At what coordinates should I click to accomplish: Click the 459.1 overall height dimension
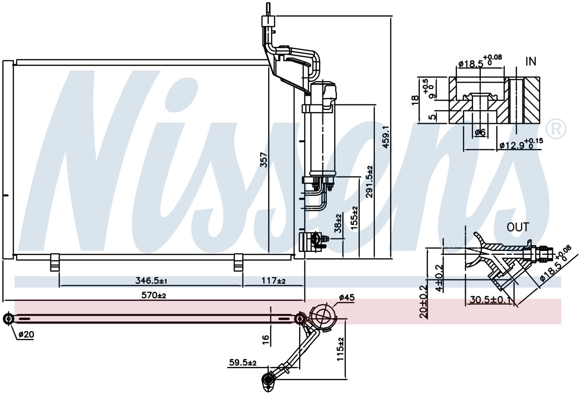[386, 137]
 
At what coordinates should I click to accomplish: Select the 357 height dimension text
[263, 160]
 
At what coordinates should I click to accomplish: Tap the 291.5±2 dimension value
[369, 182]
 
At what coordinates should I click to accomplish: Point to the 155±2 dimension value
[354, 218]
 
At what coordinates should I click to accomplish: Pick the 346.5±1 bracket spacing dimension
[151, 280]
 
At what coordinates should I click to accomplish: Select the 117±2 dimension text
[274, 280]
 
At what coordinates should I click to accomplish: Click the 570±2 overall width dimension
[153, 295]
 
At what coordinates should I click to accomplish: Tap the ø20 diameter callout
[26, 335]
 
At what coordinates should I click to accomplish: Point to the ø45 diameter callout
[347, 297]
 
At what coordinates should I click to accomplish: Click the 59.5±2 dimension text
[243, 363]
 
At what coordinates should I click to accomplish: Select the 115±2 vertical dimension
[340, 349]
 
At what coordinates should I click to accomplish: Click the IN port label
[531, 61]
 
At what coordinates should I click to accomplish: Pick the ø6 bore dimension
[480, 132]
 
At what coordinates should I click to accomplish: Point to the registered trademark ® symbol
[556, 129]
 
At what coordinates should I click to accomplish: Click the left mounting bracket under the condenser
[55, 262]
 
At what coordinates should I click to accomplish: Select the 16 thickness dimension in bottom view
[266, 338]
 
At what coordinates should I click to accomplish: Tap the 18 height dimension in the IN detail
[415, 100]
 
